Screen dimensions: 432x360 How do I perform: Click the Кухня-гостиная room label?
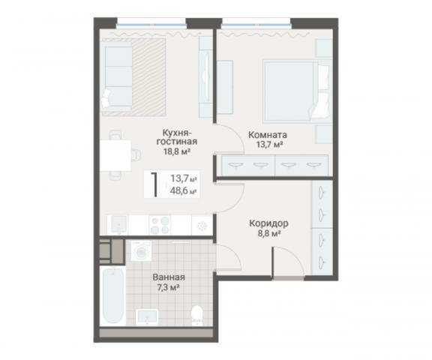[177, 137]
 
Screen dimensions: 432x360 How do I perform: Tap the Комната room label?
[268, 135]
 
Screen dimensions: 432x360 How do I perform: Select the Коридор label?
[268, 223]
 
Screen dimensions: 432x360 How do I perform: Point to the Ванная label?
[169, 277]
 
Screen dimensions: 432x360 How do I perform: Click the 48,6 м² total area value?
[184, 190]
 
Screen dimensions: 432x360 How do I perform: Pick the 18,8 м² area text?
[177, 151]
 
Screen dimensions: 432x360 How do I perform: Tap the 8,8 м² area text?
[269, 234]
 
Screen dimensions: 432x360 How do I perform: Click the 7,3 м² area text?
[168, 288]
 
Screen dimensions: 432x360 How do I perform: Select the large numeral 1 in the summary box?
[155, 184]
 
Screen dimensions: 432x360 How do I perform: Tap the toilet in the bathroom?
[197, 316]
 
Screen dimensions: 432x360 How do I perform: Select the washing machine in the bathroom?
[141, 251]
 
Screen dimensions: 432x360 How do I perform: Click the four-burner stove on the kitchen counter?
[160, 225]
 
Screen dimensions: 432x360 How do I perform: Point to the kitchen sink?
[119, 224]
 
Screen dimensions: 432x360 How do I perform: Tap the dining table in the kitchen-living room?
[115, 155]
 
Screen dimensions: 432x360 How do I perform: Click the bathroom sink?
[147, 317]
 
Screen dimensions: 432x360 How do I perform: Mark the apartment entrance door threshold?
[289, 278]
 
